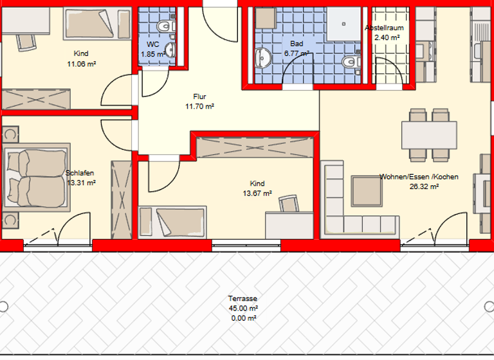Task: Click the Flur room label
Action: (199, 96)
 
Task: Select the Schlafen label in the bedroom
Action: (80, 172)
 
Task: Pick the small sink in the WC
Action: (170, 50)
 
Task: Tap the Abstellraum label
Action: (384, 28)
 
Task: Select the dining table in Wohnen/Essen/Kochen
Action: (430, 134)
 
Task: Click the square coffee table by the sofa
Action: (367, 191)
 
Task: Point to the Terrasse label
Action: (242, 299)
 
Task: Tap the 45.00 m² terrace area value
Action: (242, 309)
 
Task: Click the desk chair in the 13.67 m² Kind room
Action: (289, 204)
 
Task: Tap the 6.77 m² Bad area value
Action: (296, 54)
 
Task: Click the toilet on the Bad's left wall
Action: (261, 57)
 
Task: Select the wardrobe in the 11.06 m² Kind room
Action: (36, 99)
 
